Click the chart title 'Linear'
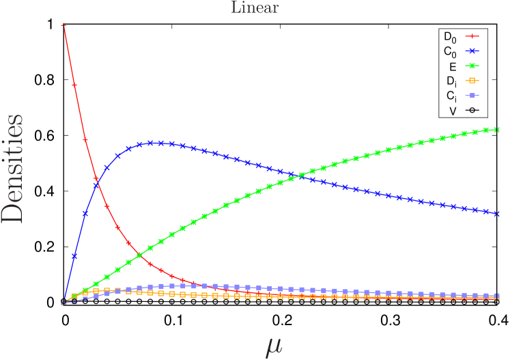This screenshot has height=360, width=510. point(255,8)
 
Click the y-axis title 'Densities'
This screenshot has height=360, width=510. point(12,169)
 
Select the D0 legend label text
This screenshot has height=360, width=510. point(450,36)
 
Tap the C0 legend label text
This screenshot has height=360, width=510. point(450,51)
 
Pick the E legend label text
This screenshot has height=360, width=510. point(453,66)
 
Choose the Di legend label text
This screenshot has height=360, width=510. point(451,81)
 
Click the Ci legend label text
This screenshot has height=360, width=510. point(451,96)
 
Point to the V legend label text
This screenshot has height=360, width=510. point(453,111)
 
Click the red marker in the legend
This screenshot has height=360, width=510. point(472,36)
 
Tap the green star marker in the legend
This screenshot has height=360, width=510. point(472,66)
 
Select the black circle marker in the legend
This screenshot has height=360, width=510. point(472,111)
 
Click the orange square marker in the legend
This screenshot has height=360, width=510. point(472,81)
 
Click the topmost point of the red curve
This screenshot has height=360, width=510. point(63,26)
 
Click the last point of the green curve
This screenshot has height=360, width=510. point(498,129)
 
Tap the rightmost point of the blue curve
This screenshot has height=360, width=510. point(498,214)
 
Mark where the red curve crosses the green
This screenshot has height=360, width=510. point(139,255)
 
